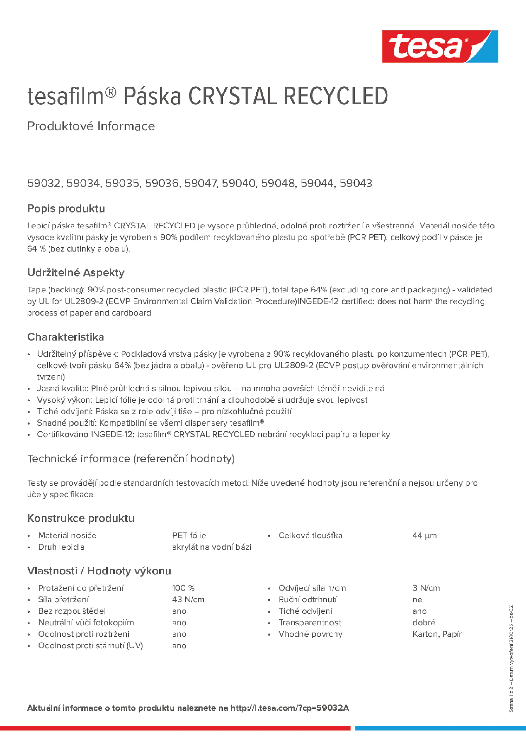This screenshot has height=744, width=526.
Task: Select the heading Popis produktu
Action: point(66,208)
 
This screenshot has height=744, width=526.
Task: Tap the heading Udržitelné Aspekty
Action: point(76,272)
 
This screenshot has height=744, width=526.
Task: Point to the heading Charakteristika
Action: point(66,337)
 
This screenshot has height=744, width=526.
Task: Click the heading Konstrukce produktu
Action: point(81,518)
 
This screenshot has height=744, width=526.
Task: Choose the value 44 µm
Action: point(424,536)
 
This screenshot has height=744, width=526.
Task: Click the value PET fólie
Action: point(189,536)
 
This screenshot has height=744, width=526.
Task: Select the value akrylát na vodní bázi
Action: point(212,547)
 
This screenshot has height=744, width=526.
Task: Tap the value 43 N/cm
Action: point(188,599)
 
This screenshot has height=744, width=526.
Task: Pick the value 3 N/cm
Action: point(426,588)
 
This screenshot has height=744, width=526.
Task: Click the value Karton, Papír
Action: point(437,634)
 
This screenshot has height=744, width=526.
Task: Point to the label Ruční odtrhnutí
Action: point(308,599)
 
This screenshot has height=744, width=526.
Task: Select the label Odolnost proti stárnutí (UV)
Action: point(91,645)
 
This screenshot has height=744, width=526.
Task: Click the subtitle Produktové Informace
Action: point(91,126)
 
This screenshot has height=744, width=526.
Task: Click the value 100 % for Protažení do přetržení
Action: point(183,588)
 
